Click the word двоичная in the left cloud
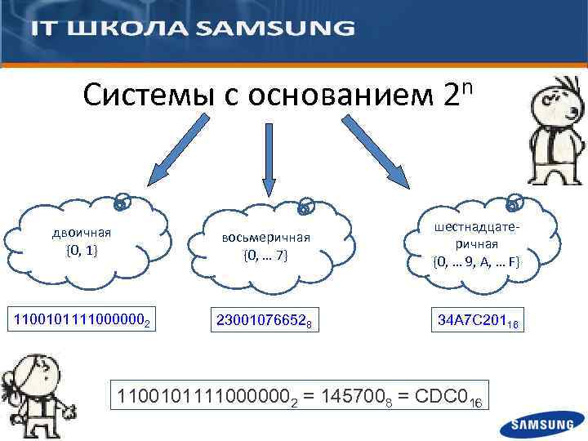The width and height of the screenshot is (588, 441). (x=82, y=232)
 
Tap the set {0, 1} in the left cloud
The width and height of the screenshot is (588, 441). (x=81, y=249)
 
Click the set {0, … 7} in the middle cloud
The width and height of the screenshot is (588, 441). (x=265, y=256)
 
